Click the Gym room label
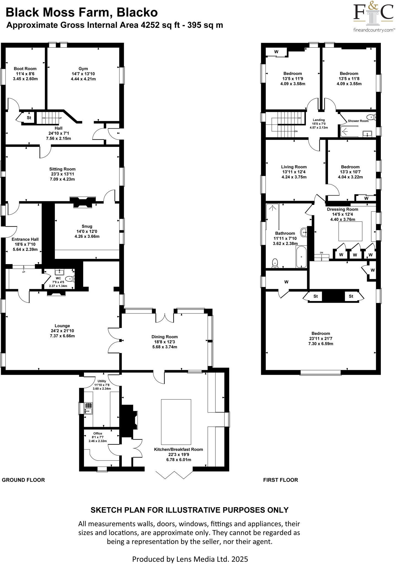[83, 69]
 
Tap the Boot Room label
[25, 69]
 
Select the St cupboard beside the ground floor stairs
[29, 118]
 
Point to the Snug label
[87, 226]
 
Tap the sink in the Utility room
[89, 408]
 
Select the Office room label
[97, 433]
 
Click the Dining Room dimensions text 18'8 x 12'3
[164, 342]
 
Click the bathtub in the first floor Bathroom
[301, 257]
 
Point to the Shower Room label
[358, 121]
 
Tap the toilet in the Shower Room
[371, 117]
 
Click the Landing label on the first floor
[319, 120]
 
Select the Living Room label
[294, 167]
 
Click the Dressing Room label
[342, 209]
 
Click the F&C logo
[373, 14]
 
